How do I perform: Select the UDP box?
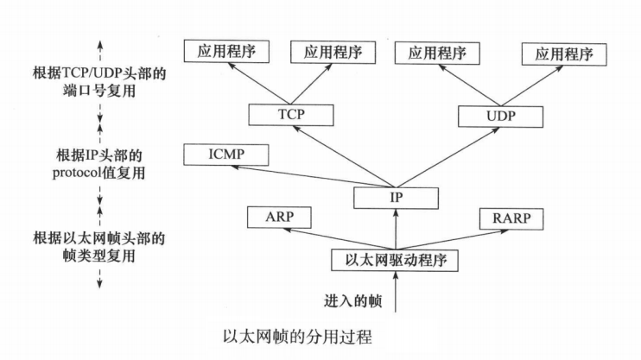499,115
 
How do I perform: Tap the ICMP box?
226,155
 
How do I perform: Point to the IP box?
394,199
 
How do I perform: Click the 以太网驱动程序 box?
394,258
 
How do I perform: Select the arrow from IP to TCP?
341,155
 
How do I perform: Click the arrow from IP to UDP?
447,155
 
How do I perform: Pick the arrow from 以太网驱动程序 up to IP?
394,229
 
